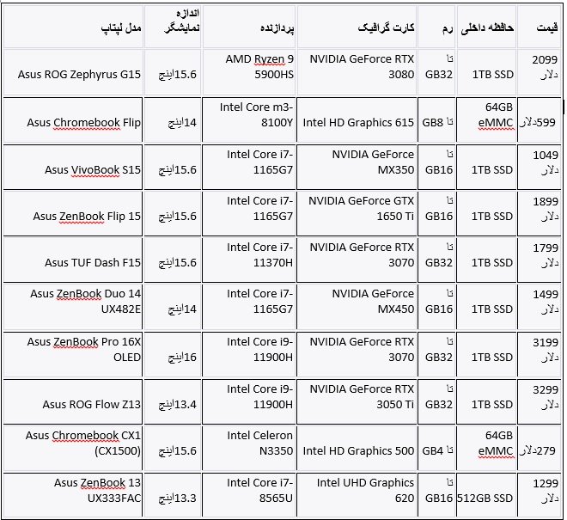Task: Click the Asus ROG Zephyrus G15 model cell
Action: pos(79,75)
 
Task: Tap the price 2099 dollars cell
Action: pos(545,67)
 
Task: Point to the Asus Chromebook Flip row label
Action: pos(83,123)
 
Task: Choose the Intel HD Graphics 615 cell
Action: pos(358,123)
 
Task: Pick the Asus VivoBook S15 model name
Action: pos(93,170)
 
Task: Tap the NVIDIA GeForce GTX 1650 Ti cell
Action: pos(361,209)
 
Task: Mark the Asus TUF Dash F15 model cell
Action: pos(93,263)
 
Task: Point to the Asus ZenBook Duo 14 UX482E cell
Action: pos(85,302)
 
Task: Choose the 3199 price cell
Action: pos(545,349)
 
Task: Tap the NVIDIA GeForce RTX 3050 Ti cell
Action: pos(361,396)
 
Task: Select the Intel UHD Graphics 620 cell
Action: pos(366,490)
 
